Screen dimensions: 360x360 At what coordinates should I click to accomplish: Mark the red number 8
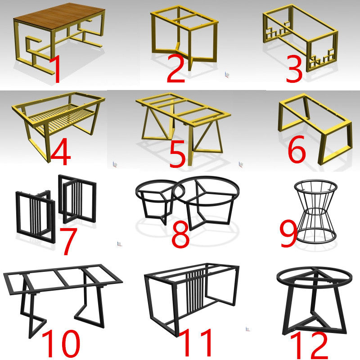click(180, 234)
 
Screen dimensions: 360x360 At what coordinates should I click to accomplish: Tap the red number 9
click(289, 234)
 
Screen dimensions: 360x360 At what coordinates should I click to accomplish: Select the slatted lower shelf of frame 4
click(63, 119)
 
